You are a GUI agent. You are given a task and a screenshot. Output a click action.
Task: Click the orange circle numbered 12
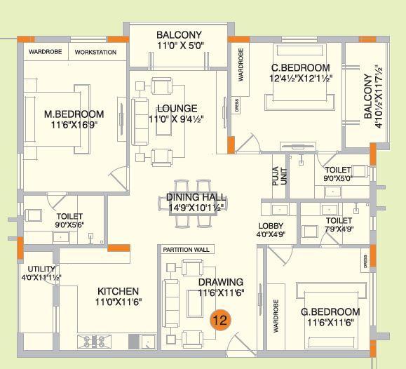pyautogui.click(x=219, y=320)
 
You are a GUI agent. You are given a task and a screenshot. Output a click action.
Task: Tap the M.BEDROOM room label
pyautogui.click(x=74, y=114)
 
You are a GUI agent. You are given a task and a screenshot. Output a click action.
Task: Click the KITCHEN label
pyautogui.click(x=117, y=291)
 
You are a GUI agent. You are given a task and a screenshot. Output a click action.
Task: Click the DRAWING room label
pyautogui.click(x=220, y=283)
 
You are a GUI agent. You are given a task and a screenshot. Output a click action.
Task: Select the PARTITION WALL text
pyautogui.click(x=186, y=250)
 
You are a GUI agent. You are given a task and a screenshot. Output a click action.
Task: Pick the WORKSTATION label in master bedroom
pyautogui.click(x=95, y=53)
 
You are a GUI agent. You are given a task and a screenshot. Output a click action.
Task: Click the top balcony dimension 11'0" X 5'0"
pyautogui.click(x=179, y=46)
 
